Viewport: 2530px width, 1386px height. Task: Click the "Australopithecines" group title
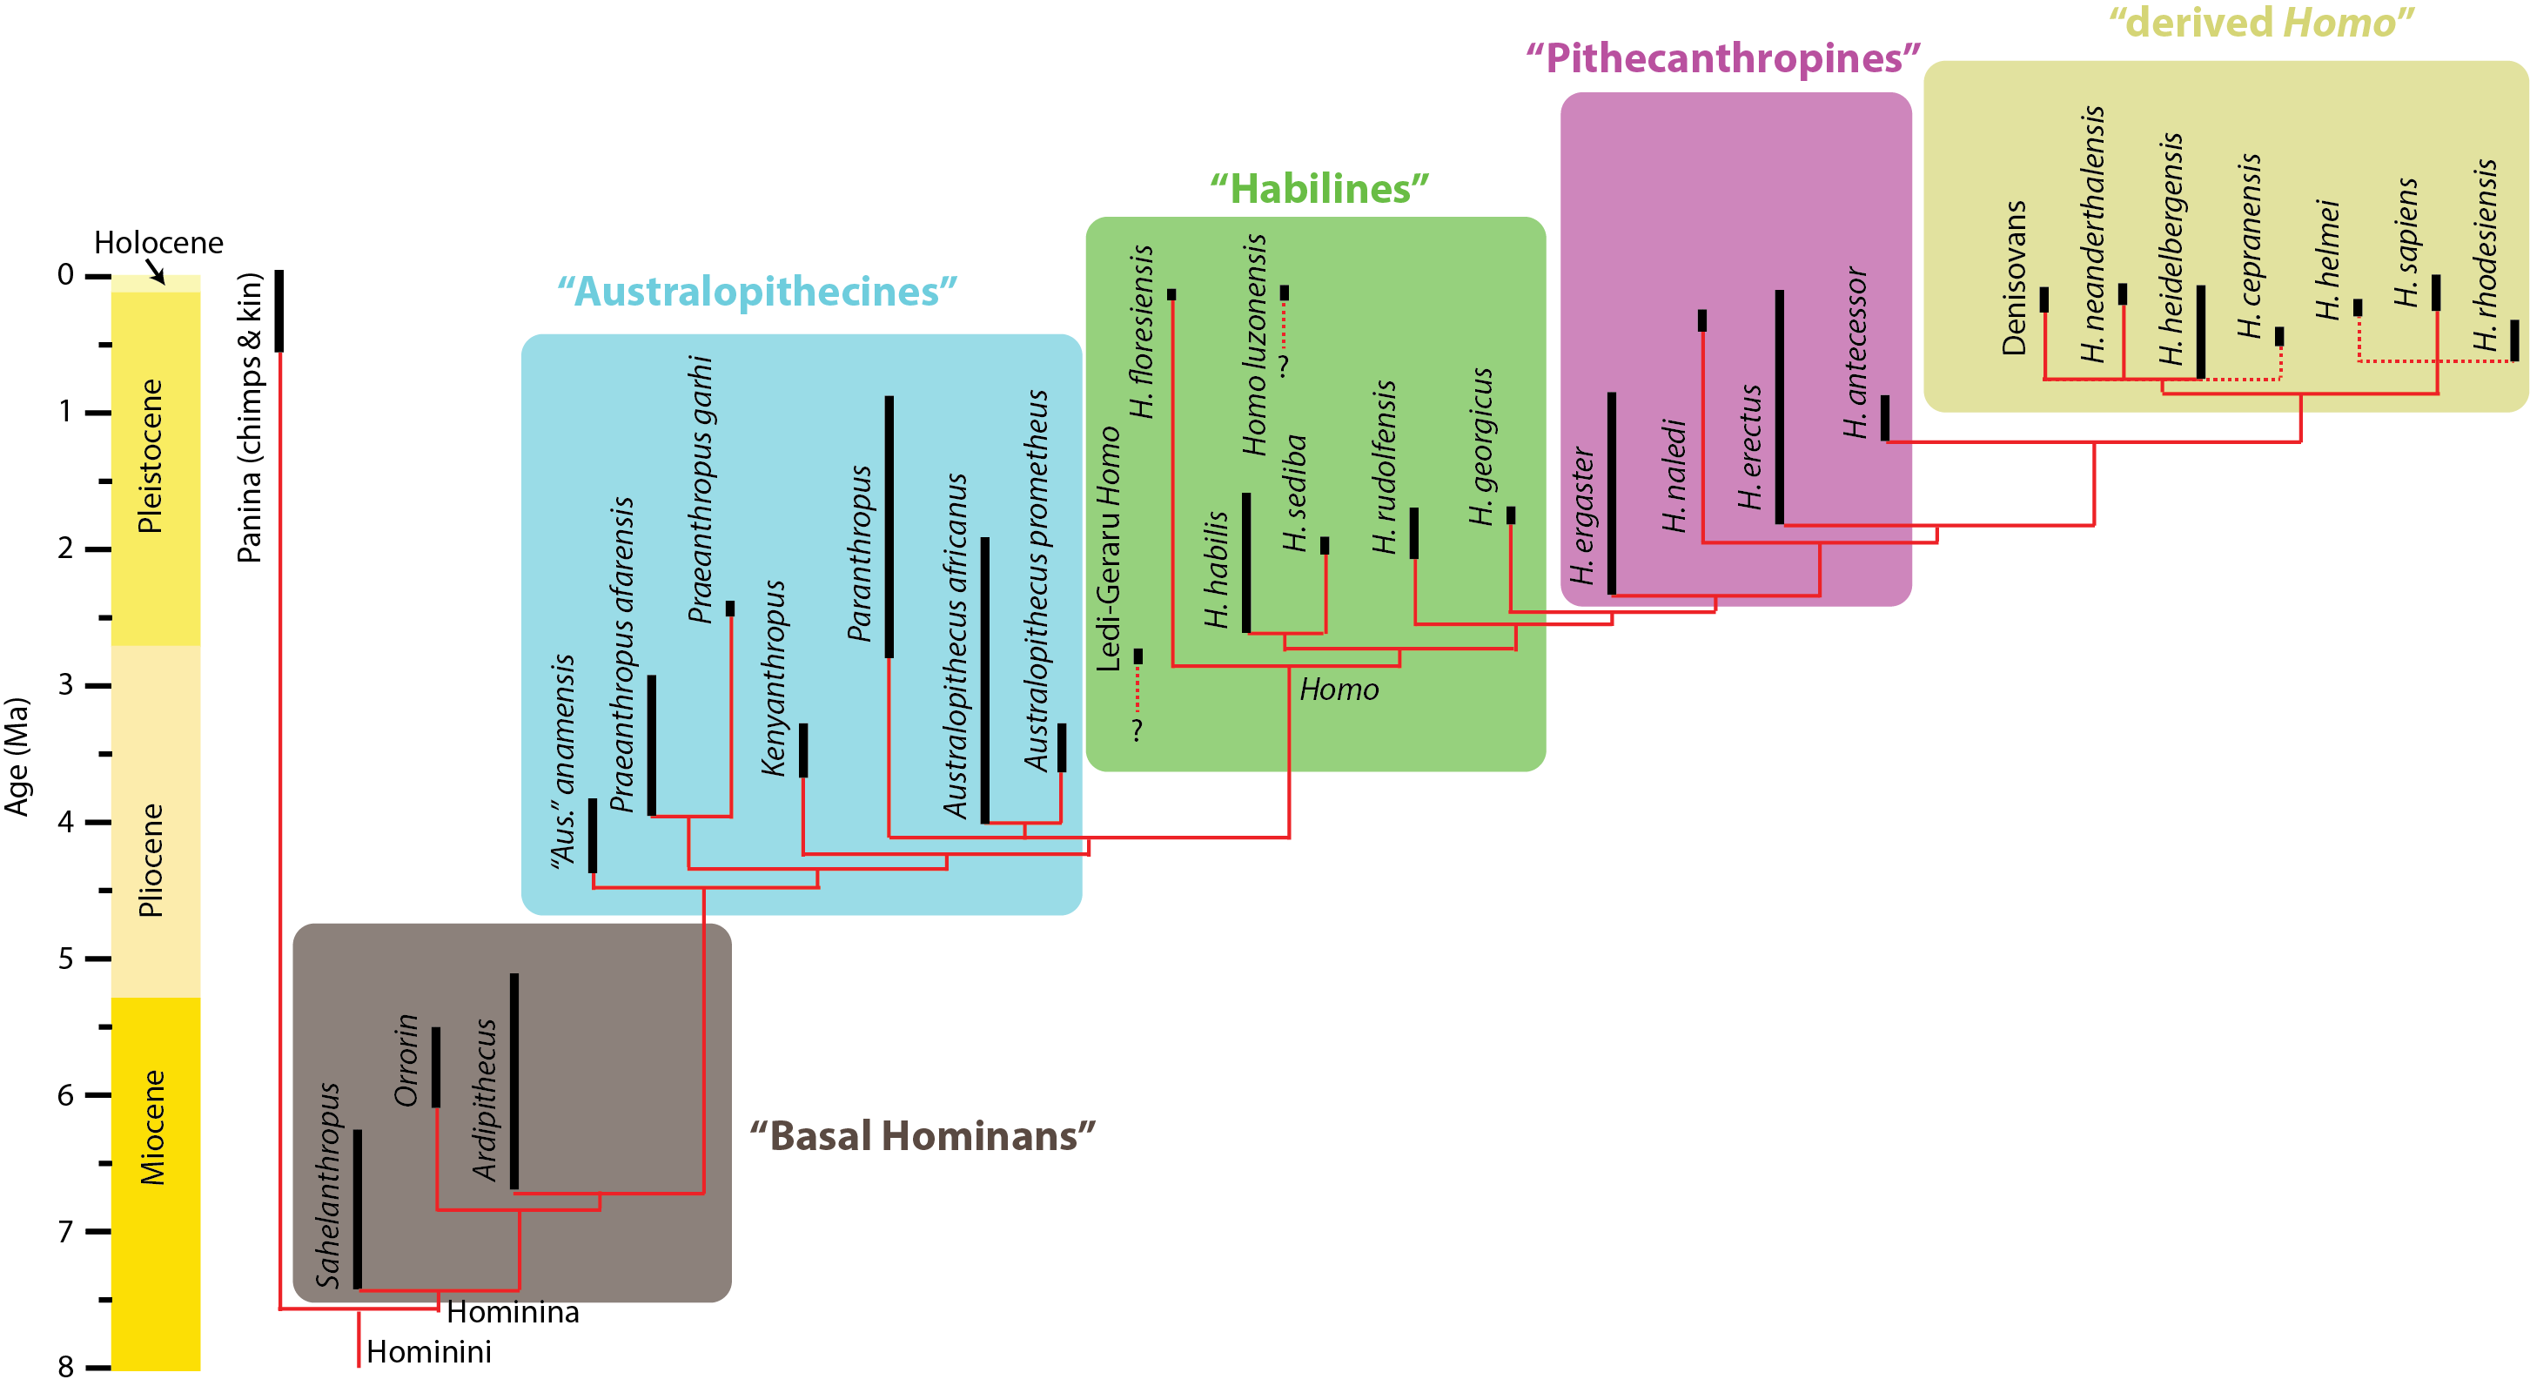[756, 292]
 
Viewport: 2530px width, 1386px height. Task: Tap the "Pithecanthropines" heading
[1721, 59]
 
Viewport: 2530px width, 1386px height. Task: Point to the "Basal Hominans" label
[922, 1135]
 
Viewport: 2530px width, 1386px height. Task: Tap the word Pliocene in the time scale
[151, 859]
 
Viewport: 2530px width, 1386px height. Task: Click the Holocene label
[158, 242]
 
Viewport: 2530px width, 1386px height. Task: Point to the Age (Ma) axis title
[17, 757]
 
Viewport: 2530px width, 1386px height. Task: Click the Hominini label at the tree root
[428, 1352]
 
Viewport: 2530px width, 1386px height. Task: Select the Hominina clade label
[513, 1312]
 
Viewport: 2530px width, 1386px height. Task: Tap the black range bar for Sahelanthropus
[358, 1208]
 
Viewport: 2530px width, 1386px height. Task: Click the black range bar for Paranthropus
[889, 527]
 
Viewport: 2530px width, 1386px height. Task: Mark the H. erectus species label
[1750, 447]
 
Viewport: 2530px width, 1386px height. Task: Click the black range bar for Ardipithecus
[513, 1080]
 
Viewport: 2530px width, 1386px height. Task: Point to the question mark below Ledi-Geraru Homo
[1137, 729]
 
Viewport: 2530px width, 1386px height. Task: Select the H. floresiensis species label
[1141, 331]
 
